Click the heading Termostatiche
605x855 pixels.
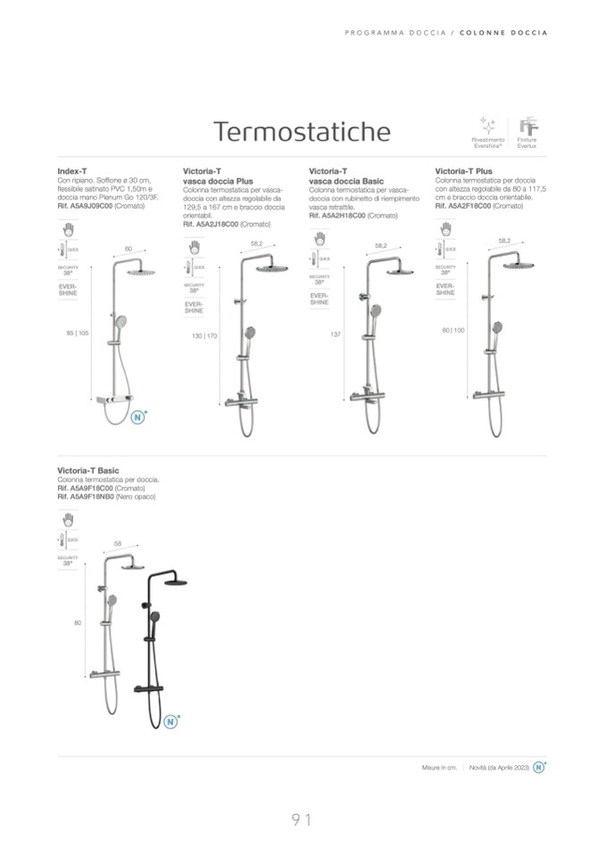tap(302, 132)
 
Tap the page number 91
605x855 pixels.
tap(302, 819)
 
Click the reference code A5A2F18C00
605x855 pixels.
tap(468, 206)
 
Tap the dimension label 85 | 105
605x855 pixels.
tap(78, 333)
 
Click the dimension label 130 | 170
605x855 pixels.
tap(204, 335)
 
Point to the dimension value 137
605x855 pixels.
tap(336, 334)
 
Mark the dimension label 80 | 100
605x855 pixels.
tap(453, 331)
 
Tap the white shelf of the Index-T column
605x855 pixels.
tap(117, 403)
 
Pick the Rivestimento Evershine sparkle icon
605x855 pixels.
tap(487, 125)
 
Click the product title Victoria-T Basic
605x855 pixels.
tap(87, 470)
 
